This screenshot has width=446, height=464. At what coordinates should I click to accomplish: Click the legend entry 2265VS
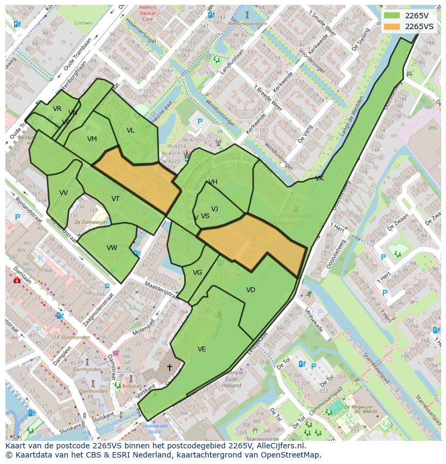419,26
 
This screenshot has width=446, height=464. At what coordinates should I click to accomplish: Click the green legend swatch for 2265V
392,16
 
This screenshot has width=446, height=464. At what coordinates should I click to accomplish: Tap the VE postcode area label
201,349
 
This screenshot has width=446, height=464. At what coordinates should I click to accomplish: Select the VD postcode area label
250,290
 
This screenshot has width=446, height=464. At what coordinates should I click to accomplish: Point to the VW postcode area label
112,248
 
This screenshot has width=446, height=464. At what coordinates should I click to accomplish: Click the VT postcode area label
115,199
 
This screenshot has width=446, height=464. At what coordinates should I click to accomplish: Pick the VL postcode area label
130,130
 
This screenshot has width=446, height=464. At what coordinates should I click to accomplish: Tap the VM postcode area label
92,139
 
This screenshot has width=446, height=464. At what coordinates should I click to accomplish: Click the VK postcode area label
319,178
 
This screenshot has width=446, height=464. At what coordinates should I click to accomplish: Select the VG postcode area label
197,273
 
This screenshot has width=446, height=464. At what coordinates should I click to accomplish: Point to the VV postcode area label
64,193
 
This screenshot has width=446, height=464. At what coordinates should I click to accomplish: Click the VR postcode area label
57,109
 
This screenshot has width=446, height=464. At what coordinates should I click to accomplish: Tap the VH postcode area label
213,182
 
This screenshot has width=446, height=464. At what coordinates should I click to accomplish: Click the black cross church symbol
169,368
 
